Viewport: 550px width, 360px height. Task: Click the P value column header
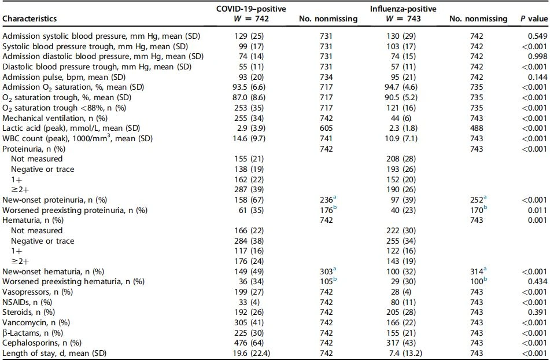(x=533, y=19)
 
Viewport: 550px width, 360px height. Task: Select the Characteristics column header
(x=29, y=19)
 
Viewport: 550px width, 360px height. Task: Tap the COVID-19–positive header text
(x=251, y=9)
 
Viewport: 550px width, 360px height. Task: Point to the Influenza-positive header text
(x=403, y=9)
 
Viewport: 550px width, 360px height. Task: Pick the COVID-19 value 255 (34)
(x=249, y=118)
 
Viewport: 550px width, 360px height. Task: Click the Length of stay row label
(x=54, y=353)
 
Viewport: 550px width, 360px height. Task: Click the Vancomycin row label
(x=36, y=322)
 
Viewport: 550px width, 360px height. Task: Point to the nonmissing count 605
(x=326, y=128)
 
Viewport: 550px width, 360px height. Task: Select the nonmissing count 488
(x=477, y=128)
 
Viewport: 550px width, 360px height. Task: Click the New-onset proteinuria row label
(x=55, y=200)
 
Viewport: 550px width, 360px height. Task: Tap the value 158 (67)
(x=249, y=200)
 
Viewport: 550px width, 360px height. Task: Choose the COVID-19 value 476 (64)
(x=249, y=343)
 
